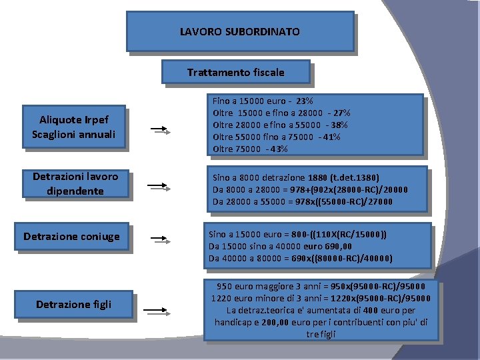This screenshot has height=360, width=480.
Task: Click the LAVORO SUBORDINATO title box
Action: [x=240, y=31]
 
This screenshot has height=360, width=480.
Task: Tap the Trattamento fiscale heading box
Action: [x=235, y=72]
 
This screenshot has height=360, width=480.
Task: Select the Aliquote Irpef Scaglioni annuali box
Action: [x=73, y=127]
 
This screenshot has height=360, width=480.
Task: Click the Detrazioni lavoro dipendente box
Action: [x=75, y=183]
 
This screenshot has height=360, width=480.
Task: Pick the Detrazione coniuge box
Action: [x=71, y=237]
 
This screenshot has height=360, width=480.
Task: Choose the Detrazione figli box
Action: [x=73, y=305]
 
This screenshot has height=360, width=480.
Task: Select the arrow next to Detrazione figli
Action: [x=157, y=309]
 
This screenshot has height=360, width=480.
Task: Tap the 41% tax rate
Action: [x=329, y=137]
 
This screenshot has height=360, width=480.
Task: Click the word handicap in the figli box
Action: [x=234, y=323]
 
